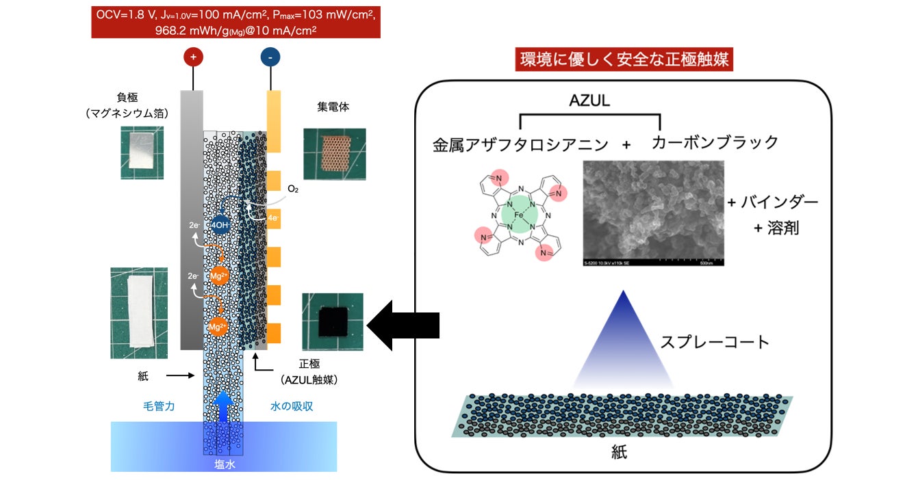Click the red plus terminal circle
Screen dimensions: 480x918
[x=192, y=58]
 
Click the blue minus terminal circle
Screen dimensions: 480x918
[x=270, y=58]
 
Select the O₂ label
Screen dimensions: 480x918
[x=293, y=188]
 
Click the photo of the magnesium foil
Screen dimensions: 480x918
[x=140, y=152]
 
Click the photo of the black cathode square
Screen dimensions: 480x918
[x=332, y=321]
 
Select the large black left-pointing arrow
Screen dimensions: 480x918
[x=403, y=325]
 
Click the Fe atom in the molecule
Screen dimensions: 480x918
[x=520, y=213]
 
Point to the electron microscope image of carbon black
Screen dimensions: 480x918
[x=652, y=213]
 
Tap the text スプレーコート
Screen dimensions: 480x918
[x=715, y=342]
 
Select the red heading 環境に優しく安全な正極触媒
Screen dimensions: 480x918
[x=624, y=60]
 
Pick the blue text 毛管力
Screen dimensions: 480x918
[x=156, y=406]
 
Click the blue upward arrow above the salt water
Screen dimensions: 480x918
[x=223, y=405]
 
